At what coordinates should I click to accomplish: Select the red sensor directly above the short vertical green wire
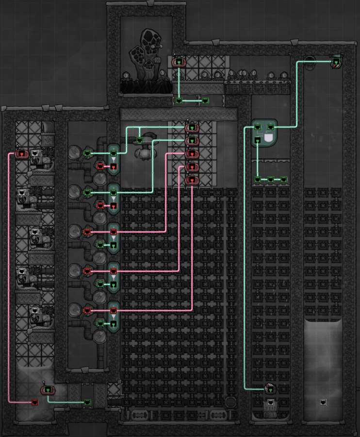tap(179, 62)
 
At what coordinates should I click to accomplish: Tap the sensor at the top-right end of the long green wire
tap(336, 62)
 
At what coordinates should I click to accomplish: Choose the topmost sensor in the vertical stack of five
tap(192, 128)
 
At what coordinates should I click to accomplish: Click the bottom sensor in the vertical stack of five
tap(192, 181)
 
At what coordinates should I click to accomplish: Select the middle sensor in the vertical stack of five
tap(192, 154)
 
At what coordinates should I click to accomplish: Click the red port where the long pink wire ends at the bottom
tap(34, 402)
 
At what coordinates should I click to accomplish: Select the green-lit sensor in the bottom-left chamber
tap(48, 389)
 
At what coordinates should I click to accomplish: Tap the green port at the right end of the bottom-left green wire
tap(88, 402)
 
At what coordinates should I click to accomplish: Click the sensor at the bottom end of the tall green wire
tap(270, 388)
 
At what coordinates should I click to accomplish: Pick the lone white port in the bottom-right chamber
tap(323, 402)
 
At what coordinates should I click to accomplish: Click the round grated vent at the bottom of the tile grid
tap(231, 402)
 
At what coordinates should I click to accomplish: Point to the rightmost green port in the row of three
tap(284, 180)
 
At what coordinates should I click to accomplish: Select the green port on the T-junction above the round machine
tap(140, 140)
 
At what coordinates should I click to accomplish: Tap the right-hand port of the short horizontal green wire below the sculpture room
tap(205, 101)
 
